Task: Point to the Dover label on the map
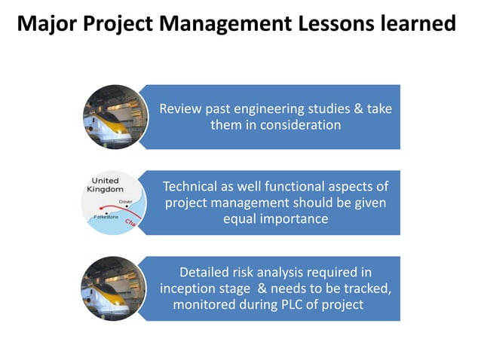(126, 202)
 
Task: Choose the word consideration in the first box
(300, 125)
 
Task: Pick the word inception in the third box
(188, 288)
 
